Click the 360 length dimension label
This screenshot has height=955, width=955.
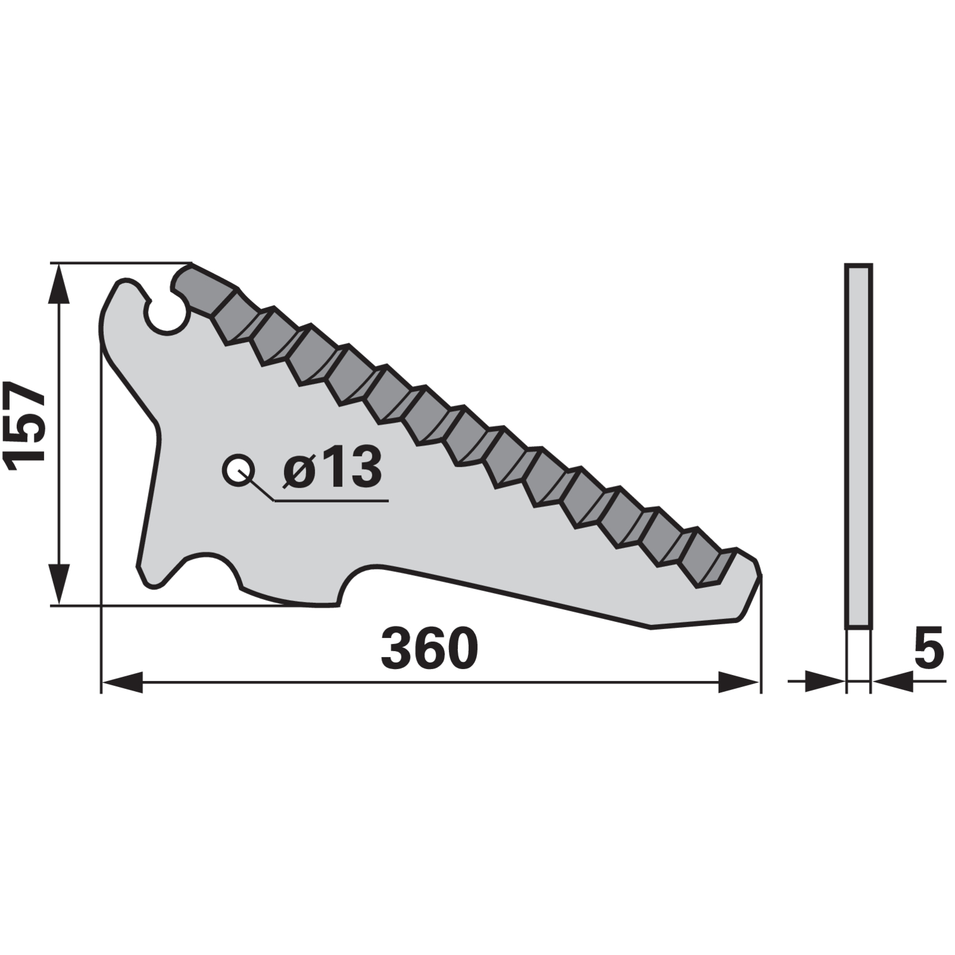tap(429, 649)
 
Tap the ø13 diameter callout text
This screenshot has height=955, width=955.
tap(332, 466)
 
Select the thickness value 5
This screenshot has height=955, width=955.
tap(928, 647)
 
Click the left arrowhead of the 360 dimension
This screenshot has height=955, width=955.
tap(122, 682)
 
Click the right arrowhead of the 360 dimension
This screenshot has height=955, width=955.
tap(739, 682)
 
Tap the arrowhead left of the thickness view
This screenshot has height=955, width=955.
tap(825, 682)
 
